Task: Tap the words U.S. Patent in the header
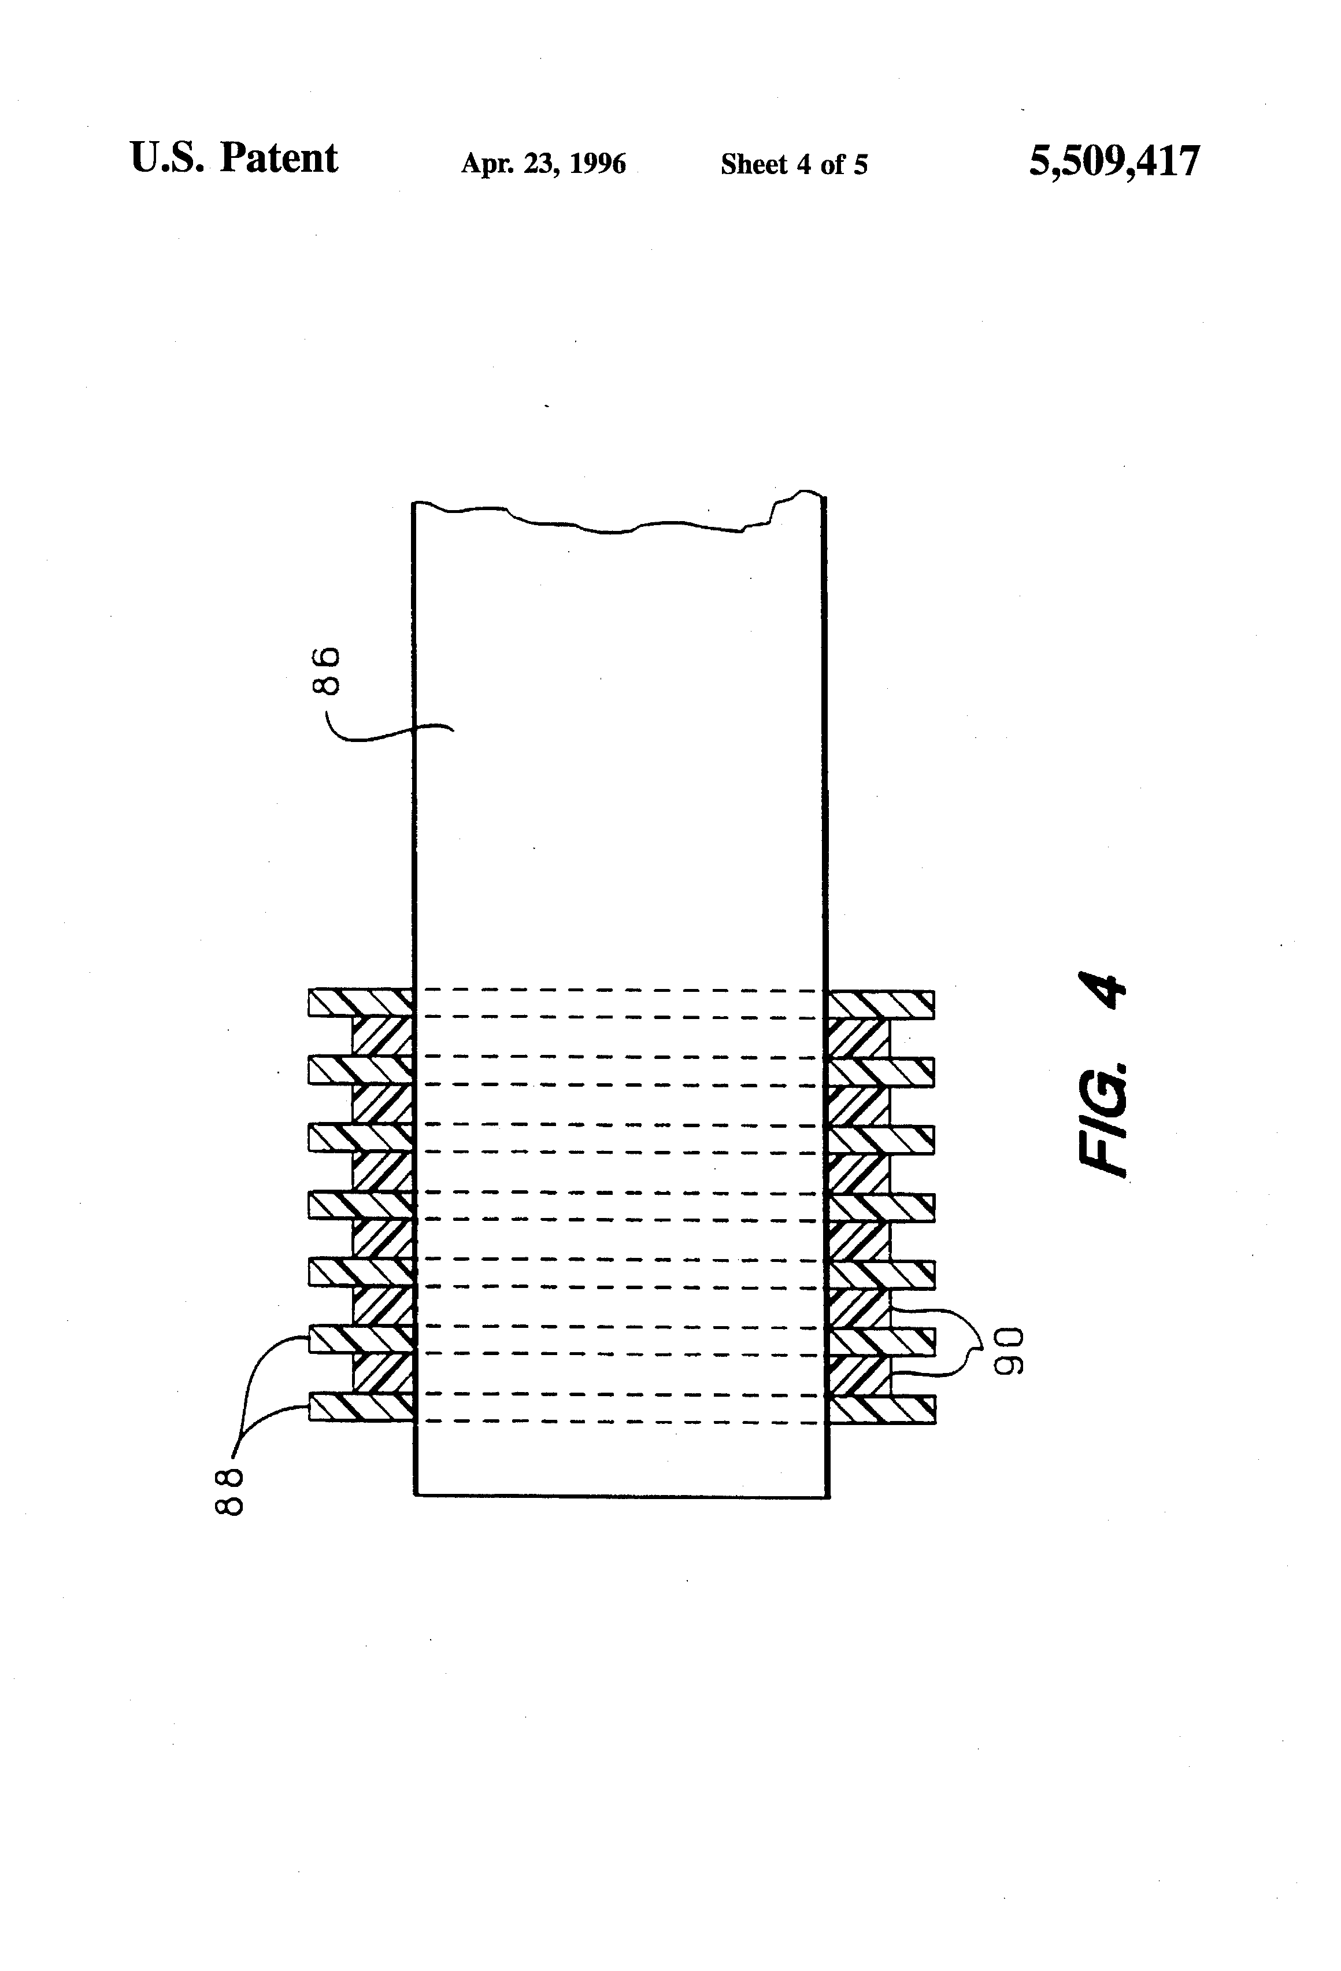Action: click(234, 158)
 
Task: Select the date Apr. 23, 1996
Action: click(543, 163)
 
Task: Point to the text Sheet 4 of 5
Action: click(794, 164)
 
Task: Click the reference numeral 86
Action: click(327, 671)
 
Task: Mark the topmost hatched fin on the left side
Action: click(360, 1002)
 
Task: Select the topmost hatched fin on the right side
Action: click(881, 1003)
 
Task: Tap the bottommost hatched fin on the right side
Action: click(881, 1409)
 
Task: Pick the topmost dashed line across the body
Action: click(619, 990)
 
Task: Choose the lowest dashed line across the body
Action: click(619, 1420)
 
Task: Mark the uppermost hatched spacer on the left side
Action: click(382, 1036)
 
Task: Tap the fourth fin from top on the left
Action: click(360, 1205)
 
